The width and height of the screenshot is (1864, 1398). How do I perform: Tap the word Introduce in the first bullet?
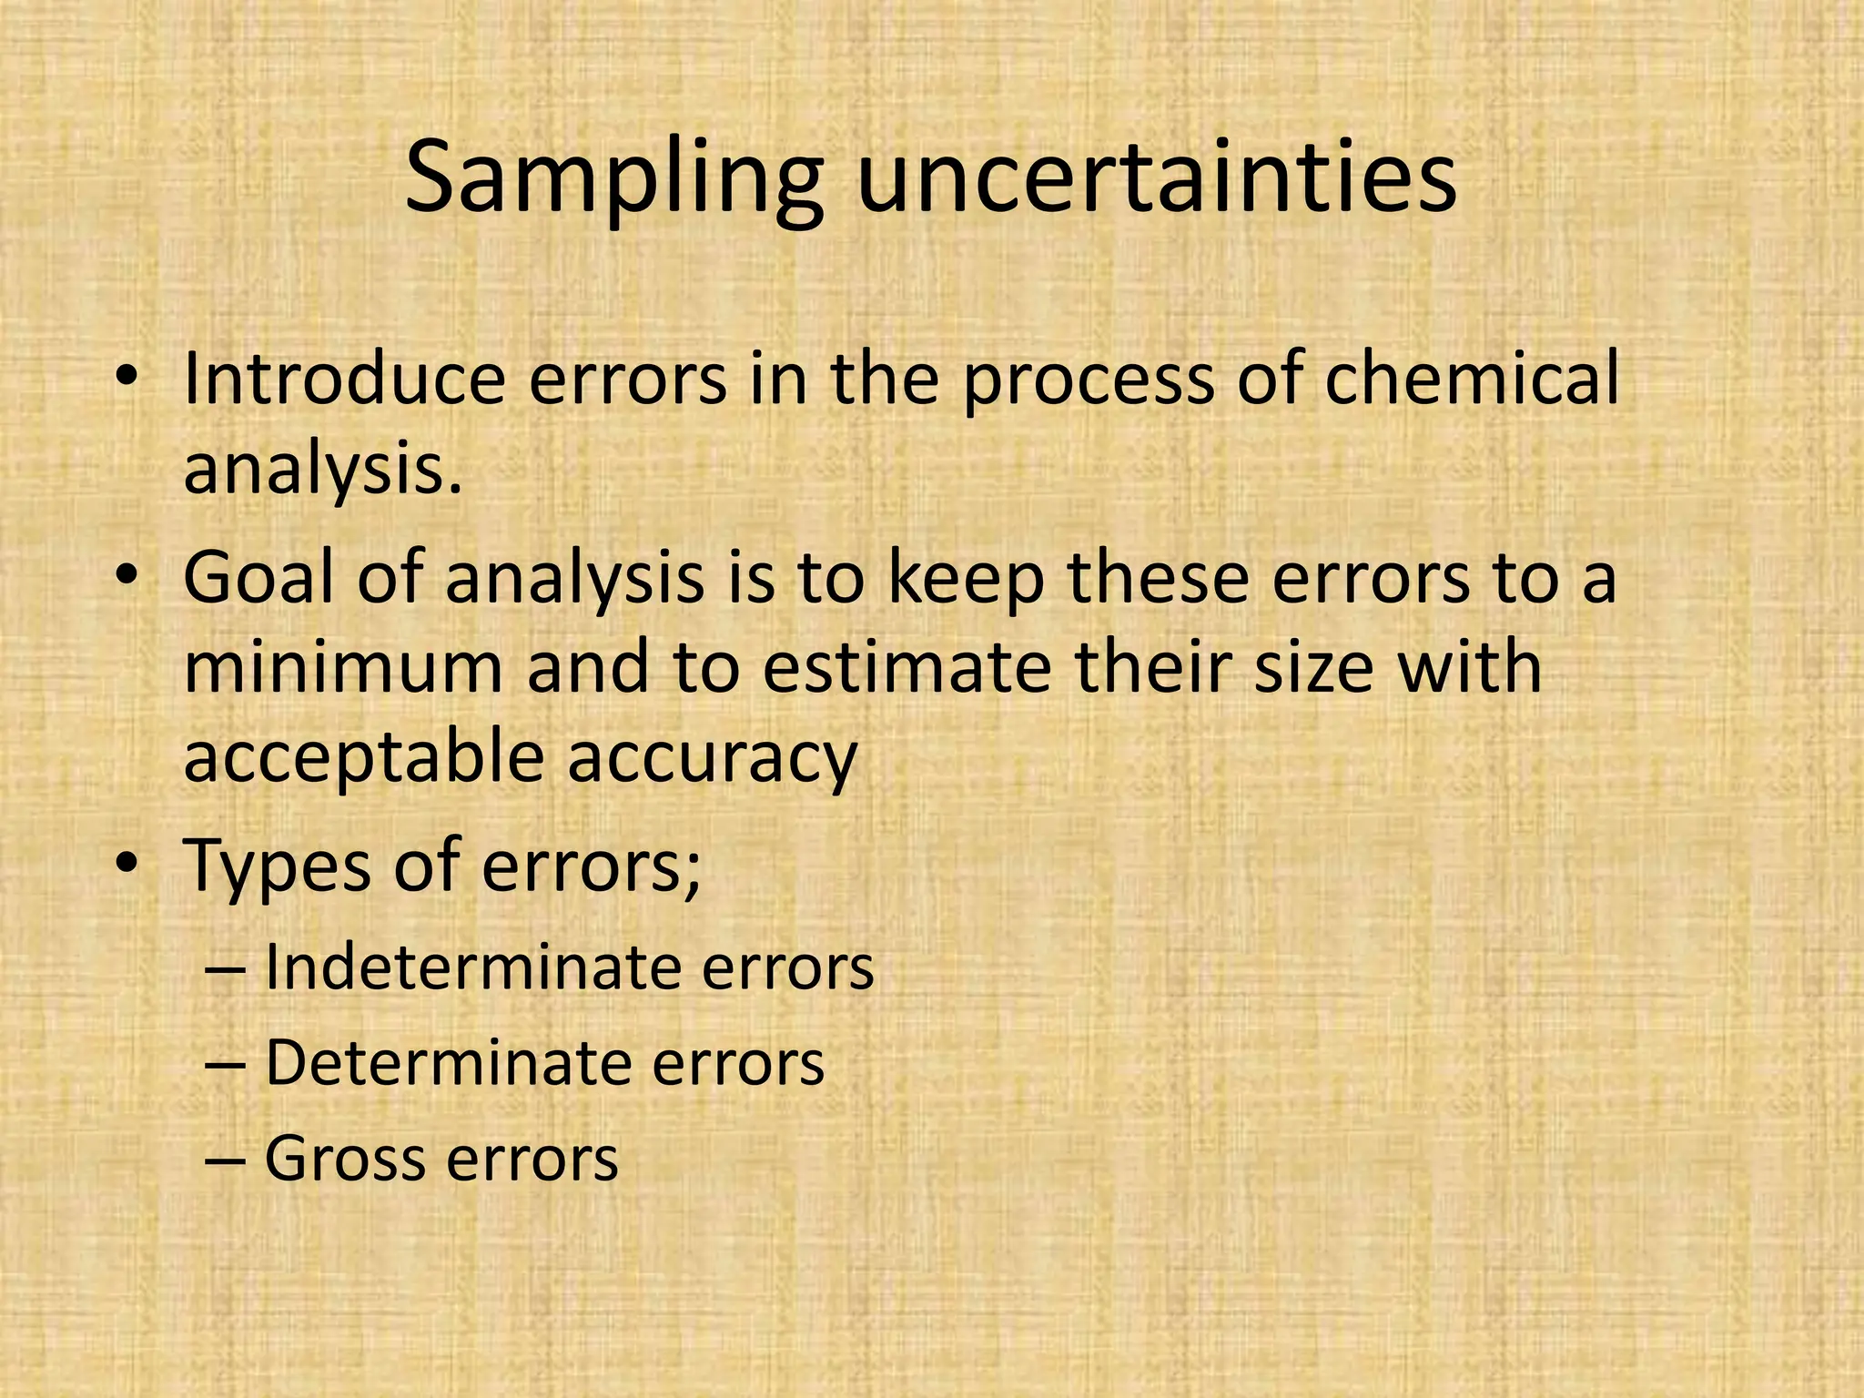click(x=343, y=379)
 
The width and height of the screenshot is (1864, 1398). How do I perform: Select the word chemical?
click(x=1472, y=379)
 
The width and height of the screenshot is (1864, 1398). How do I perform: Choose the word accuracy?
click(x=713, y=758)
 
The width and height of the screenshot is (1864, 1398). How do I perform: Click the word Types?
click(x=277, y=867)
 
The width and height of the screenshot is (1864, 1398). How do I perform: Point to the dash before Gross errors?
click(x=225, y=1160)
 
